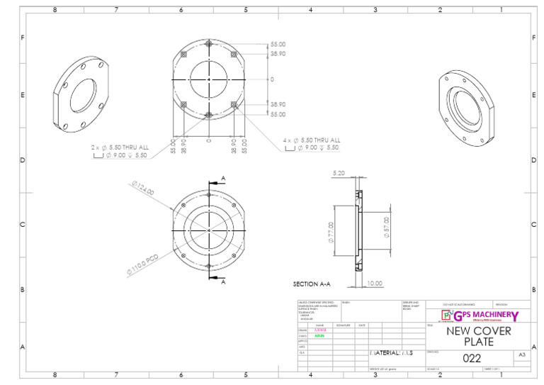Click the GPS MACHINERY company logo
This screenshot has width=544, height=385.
pyautogui.click(x=479, y=316)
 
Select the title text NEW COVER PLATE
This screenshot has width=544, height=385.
pyautogui.click(x=478, y=336)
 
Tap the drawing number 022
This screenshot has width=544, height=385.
pyautogui.click(x=472, y=358)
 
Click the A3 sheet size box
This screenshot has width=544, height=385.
pyautogui.click(x=521, y=355)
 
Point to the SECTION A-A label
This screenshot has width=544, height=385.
pyautogui.click(x=312, y=284)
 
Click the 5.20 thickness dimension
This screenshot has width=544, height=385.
pyautogui.click(x=339, y=172)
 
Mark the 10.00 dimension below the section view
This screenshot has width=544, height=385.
pyautogui.click(x=374, y=284)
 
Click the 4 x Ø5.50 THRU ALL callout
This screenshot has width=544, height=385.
pyautogui.click(x=312, y=140)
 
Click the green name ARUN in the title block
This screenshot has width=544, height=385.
pyautogui.click(x=320, y=335)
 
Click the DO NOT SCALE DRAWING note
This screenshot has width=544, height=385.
pyautogui.click(x=459, y=303)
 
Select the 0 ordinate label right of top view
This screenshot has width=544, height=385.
pyautogui.click(x=271, y=79)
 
